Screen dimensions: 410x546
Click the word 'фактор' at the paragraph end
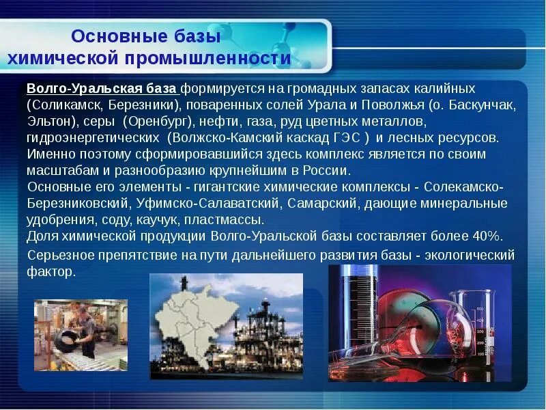point(48,271)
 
